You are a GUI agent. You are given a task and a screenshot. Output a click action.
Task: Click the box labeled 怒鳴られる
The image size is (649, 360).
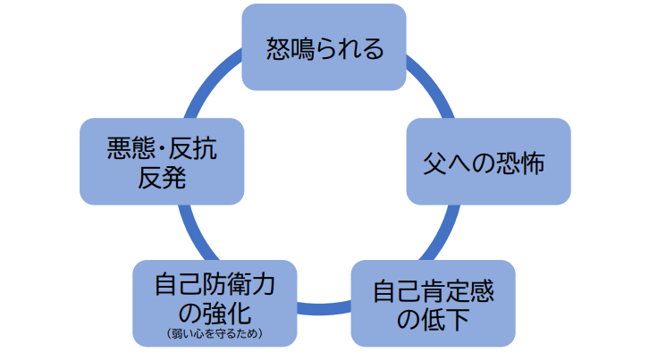tap(324, 46)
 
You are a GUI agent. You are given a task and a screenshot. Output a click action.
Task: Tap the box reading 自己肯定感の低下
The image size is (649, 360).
tap(433, 303)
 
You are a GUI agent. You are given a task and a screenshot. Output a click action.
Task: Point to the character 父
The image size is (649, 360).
tap(434, 164)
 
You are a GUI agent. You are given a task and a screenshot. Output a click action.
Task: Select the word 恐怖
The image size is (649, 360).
tap(520, 164)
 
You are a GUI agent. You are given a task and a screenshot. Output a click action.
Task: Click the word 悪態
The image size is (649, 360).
tap(124, 148)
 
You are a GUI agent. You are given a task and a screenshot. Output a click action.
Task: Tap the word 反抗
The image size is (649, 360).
tap(192, 148)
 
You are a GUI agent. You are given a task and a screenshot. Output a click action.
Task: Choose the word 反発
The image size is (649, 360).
tap(161, 177)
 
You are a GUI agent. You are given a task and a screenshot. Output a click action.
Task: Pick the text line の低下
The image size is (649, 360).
tap(433, 319)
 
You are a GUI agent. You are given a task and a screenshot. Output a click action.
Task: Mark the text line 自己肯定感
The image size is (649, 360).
tap(433, 289)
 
